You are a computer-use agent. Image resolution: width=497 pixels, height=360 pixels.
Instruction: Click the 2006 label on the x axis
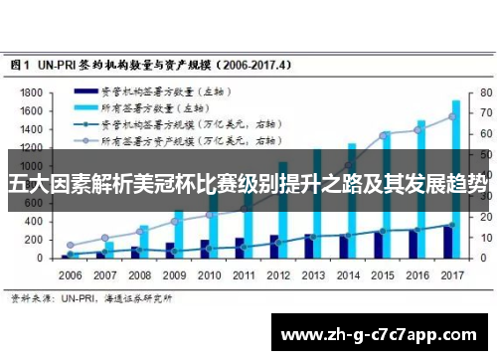click(71, 274)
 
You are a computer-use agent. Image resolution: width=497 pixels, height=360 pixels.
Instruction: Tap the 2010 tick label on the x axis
click(210, 274)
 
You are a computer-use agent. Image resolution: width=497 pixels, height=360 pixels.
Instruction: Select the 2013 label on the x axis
click(314, 274)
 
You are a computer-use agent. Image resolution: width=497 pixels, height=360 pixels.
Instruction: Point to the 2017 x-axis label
click(453, 274)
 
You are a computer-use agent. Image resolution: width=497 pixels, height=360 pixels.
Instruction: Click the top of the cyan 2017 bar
click(456, 101)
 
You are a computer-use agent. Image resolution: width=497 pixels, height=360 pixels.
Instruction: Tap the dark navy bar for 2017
click(447, 242)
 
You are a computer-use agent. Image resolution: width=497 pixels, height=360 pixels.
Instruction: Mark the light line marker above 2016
click(420, 131)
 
